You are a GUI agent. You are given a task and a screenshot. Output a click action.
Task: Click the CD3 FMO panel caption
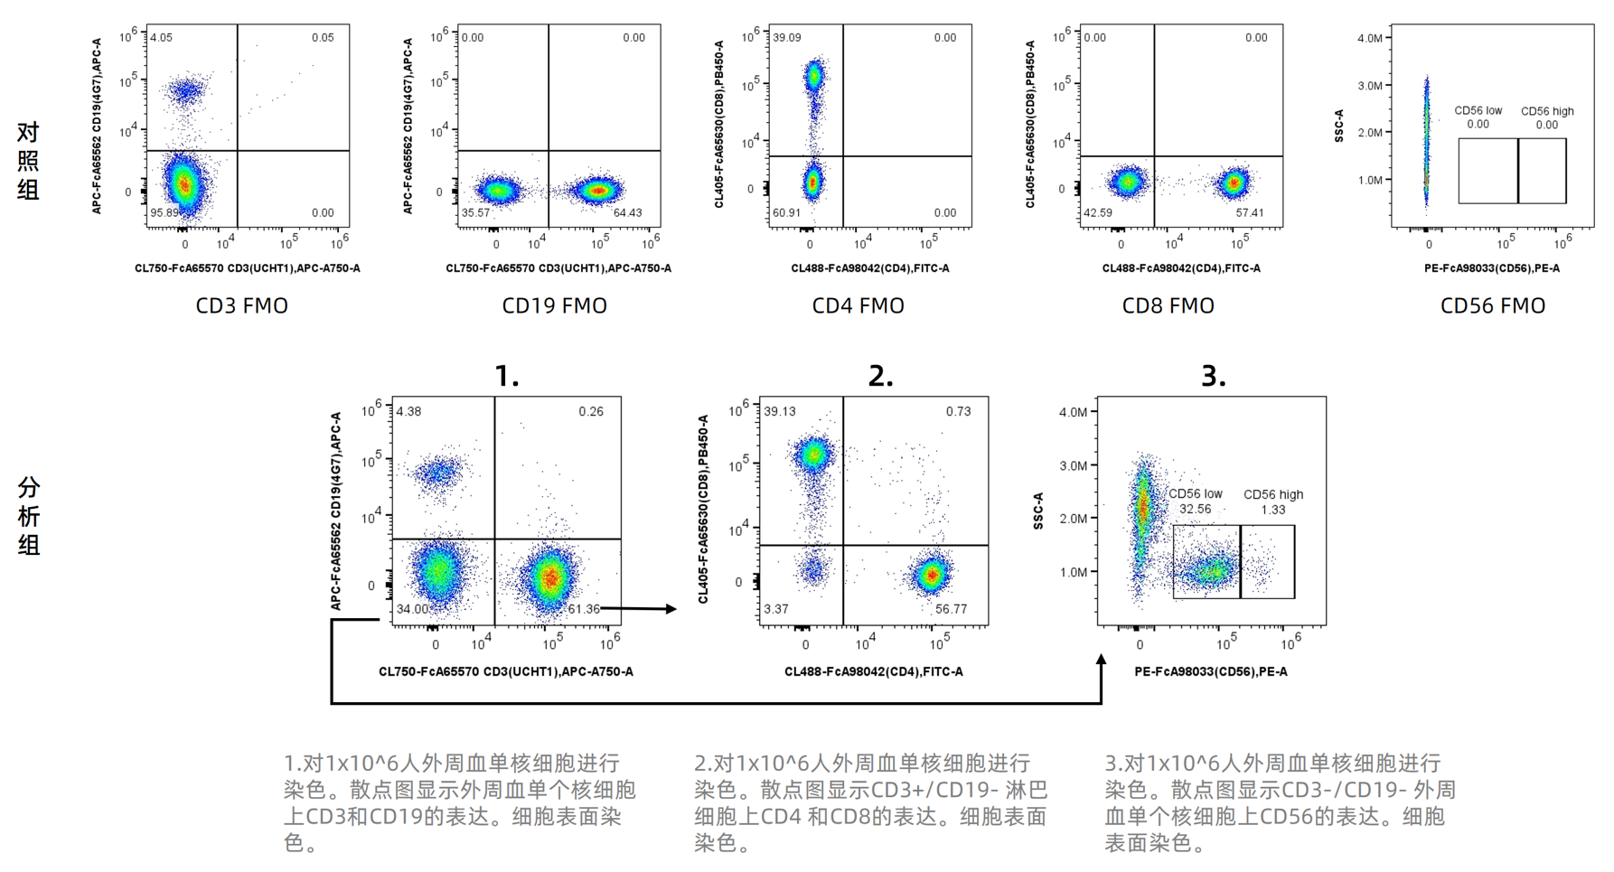coord(241,305)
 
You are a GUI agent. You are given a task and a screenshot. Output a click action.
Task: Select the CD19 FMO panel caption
coord(554,305)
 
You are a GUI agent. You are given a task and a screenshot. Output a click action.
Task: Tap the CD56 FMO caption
coord(1492,305)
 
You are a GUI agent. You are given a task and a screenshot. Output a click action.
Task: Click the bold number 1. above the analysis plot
coord(507,376)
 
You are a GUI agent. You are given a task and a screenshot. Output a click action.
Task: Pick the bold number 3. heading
coord(1213,376)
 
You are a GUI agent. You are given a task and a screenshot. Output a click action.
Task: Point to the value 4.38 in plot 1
coord(408,411)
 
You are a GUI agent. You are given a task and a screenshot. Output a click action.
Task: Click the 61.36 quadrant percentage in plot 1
coord(583,609)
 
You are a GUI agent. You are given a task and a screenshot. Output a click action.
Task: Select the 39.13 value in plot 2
coord(780,411)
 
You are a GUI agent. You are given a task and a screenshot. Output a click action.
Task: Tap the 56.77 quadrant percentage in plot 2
coord(951,609)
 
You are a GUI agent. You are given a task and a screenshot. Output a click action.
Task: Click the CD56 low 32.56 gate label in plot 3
coord(1195,502)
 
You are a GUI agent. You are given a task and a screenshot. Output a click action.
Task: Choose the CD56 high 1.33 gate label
coord(1273,502)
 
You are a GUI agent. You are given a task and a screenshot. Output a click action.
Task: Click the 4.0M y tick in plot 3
coord(1073,412)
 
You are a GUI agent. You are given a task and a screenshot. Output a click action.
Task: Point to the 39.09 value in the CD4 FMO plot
coord(786,38)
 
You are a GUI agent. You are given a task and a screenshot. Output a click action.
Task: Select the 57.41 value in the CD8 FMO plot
coord(1250,213)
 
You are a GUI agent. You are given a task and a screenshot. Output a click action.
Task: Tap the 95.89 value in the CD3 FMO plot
coord(164,213)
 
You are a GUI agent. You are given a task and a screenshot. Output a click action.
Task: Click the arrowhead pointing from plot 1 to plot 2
coord(671,609)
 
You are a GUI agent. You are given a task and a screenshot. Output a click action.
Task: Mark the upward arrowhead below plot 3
coord(1101,661)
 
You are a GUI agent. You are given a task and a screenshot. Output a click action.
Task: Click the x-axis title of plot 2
coord(873,671)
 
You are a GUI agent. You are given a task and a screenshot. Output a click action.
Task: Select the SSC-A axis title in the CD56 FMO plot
coord(1339,126)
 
